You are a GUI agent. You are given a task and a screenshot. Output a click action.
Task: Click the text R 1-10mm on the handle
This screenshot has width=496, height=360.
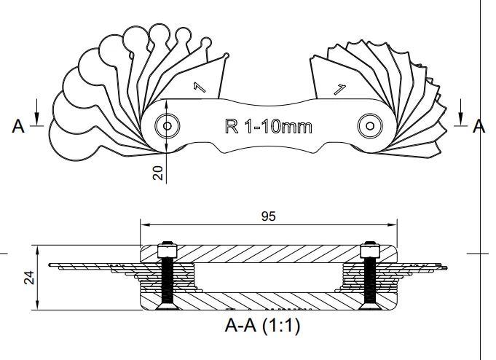pos(267,126)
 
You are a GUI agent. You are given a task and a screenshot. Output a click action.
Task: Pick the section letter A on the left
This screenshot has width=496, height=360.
pos(19,126)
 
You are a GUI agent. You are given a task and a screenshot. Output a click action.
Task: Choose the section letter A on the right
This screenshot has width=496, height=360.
pos(479,126)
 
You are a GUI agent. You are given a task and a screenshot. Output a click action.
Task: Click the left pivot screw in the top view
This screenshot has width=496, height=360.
pos(168,126)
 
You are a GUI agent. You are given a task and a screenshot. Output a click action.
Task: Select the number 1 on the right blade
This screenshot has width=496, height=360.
pos(338,90)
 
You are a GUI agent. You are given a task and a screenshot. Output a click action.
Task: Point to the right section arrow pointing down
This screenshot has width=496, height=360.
pos(462,115)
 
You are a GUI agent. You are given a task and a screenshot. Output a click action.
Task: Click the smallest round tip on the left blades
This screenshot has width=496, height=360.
pos(227,55)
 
